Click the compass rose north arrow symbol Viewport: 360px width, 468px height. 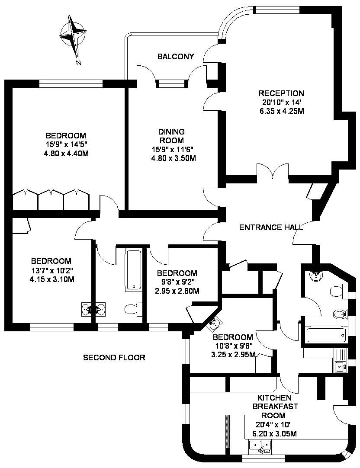tap(73, 36)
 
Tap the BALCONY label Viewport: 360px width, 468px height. tap(176, 56)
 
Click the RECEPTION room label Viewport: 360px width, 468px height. tap(281, 93)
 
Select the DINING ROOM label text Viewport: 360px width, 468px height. tap(172, 136)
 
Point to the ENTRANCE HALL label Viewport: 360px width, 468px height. tap(271, 228)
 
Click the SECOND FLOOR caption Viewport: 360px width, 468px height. tap(114, 357)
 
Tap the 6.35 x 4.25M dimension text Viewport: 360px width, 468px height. tap(282, 111)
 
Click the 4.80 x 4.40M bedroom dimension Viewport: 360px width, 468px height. tap(66, 154)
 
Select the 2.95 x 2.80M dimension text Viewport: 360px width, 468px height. tap(177, 291)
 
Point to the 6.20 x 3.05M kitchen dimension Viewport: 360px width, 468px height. tap(274, 433)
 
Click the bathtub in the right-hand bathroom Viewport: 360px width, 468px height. tap(326, 336)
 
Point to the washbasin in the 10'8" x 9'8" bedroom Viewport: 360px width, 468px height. tap(214, 324)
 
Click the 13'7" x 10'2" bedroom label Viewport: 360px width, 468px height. tap(51, 261)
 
